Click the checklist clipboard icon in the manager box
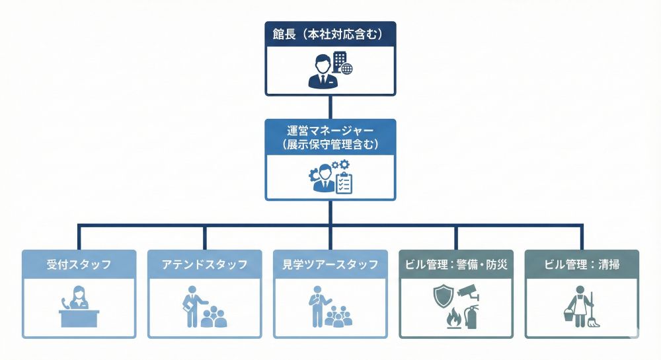(344, 182)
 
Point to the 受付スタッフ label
(79, 264)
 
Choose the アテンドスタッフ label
(204, 264)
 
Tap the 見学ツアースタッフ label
(330, 264)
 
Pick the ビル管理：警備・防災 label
(455, 264)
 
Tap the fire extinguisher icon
(471, 316)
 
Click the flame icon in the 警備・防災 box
(453, 318)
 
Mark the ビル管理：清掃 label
(582, 264)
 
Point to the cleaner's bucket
(568, 319)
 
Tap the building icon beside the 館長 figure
(339, 61)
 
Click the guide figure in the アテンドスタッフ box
(192, 306)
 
